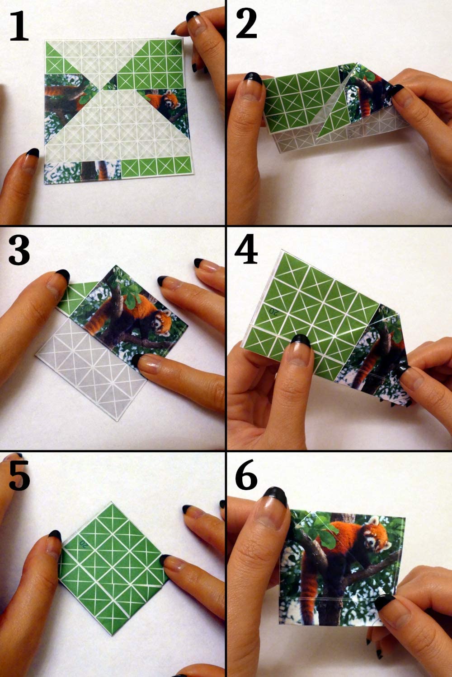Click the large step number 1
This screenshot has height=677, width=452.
[19, 27]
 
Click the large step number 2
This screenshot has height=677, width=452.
[246, 24]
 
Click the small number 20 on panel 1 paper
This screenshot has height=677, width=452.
[174, 53]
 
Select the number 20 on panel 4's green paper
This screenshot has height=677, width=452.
[273, 310]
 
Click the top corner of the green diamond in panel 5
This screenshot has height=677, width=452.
[111, 502]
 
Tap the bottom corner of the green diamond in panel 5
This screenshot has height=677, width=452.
[112, 626]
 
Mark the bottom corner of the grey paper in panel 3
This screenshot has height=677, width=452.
[117, 421]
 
